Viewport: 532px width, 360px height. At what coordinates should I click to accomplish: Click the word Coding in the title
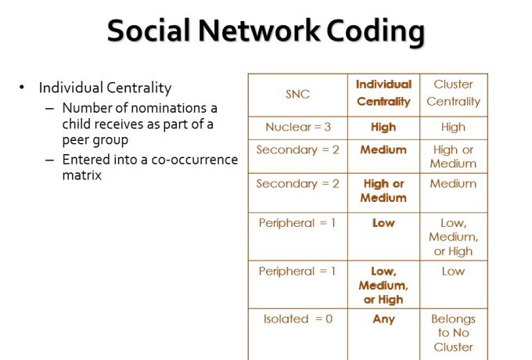376,31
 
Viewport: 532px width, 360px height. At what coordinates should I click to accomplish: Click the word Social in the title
149,31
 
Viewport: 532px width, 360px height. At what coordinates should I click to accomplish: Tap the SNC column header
297,94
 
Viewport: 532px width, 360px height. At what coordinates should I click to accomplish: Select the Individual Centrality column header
383,92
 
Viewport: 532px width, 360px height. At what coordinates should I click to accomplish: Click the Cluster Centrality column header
453,92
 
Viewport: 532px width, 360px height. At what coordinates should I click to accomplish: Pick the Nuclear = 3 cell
298,127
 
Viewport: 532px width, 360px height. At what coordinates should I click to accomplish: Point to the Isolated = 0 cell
298,319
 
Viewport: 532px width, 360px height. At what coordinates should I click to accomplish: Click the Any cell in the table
383,319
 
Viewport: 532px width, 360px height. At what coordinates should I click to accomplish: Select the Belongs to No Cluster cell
453,333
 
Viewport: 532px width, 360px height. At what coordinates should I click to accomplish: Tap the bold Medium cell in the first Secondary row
383,149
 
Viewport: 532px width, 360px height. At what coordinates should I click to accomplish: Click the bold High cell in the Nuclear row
383,128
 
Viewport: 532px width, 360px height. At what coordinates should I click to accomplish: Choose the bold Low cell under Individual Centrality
383,223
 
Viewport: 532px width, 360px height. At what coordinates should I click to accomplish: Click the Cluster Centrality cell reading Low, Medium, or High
453,237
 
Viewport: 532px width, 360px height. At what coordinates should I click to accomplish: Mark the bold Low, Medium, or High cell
383,286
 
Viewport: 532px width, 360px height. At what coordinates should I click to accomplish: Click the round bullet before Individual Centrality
22,87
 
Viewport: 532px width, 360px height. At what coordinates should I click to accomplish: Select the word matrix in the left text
82,175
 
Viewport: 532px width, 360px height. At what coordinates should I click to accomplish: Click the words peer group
95,140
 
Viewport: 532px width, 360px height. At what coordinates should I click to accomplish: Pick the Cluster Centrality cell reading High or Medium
453,157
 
